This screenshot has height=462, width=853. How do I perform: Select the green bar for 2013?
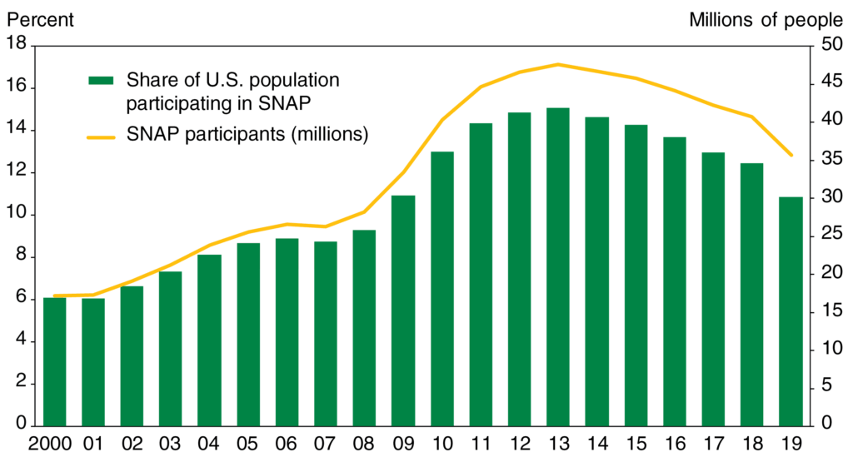(558, 267)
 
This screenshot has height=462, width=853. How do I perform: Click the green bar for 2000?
(54, 362)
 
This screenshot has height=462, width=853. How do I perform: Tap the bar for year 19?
(791, 311)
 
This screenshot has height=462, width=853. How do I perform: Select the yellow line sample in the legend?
(101, 133)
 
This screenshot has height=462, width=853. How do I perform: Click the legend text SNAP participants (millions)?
(247, 133)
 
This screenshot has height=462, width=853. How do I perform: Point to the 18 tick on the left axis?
(16, 45)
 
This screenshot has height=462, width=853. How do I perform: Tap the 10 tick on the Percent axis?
(16, 215)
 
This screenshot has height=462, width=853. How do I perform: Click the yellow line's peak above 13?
(558, 64)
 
